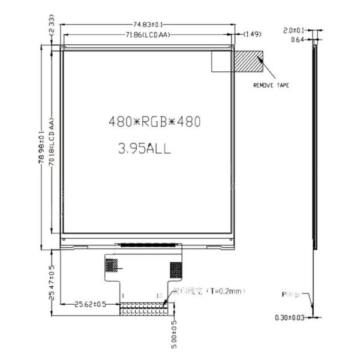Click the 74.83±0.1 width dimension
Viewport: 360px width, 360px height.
[x=147, y=25]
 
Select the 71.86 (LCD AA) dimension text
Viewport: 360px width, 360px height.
[x=148, y=34]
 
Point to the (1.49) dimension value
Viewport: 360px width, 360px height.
[x=251, y=34]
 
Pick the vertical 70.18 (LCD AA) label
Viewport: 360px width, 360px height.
[x=52, y=147]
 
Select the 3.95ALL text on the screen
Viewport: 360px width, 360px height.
[x=145, y=149]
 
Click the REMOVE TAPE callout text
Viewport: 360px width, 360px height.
[x=271, y=86]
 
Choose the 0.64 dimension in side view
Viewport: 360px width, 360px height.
[x=297, y=40]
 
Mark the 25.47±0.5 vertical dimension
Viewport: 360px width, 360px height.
[x=53, y=282]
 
